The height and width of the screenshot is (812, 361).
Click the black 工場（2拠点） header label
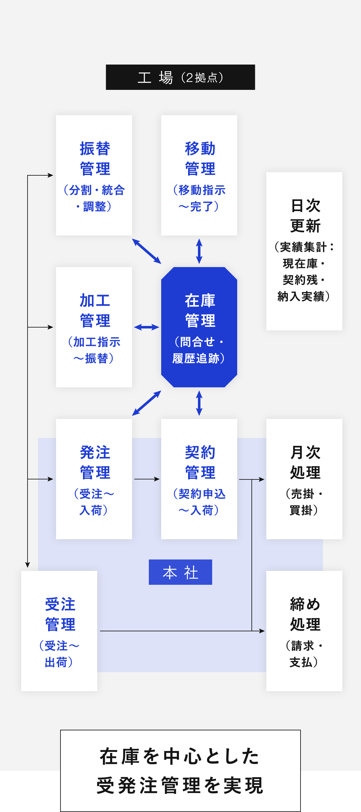point(180,77)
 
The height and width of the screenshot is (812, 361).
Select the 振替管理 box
point(94,175)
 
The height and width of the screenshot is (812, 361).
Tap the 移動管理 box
point(199,175)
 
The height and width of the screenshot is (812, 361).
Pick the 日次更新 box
point(304,251)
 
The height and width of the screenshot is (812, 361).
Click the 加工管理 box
point(94,327)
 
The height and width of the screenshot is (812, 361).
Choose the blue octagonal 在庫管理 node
point(199,327)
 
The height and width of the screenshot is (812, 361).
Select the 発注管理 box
point(94,479)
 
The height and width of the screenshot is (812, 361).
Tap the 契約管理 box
point(199,479)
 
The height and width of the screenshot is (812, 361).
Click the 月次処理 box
point(304,479)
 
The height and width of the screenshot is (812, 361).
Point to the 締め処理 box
point(304,631)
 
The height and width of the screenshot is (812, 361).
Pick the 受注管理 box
point(59,631)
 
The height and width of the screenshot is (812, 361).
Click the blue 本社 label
point(180,572)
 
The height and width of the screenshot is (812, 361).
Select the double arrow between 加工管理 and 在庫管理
point(147,327)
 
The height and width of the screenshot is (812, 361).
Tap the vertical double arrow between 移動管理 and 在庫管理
point(199,251)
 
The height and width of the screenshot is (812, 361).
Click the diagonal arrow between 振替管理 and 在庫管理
point(147,251)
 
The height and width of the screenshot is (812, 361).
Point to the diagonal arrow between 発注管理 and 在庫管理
point(147,403)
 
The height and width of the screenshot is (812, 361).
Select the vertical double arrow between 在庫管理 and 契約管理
point(199,403)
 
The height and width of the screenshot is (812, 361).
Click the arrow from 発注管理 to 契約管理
point(147,479)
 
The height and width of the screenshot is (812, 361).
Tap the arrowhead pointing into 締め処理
point(262,631)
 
